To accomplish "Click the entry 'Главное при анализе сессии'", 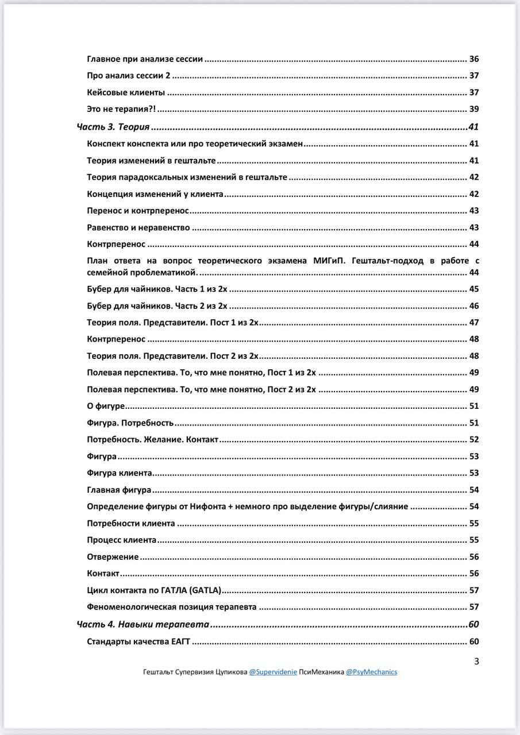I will (x=145, y=59).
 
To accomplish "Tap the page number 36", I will (x=474, y=59).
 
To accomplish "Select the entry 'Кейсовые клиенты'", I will (x=126, y=92).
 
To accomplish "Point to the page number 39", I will (x=474, y=109).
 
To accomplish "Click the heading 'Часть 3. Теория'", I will (x=113, y=127).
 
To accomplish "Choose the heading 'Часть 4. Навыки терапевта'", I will (x=142, y=625).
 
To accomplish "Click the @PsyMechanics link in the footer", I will (x=371, y=672).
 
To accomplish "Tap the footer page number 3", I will (x=476, y=661).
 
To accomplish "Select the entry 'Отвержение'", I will (x=113, y=557).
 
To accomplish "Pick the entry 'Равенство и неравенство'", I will (x=138, y=227).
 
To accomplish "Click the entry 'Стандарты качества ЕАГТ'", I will (x=138, y=642).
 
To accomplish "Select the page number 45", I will (x=474, y=289).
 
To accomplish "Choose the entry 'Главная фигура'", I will (x=119, y=490).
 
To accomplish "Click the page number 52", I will (x=474, y=440).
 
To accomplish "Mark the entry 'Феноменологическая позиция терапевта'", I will (x=171, y=607).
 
